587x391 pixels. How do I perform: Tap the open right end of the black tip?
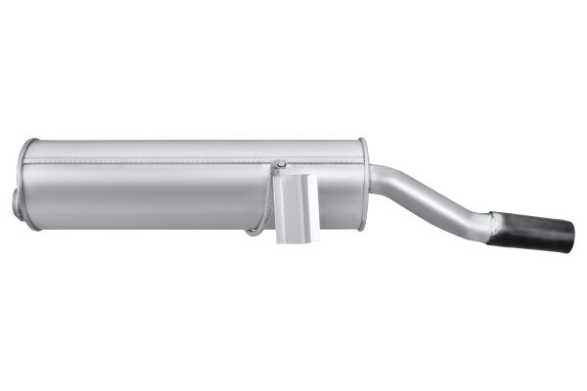click(566, 239)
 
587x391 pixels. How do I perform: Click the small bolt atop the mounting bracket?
click(282, 164)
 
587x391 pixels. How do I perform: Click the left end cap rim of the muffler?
click(26, 186)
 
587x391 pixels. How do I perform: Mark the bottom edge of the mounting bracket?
click(297, 240)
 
